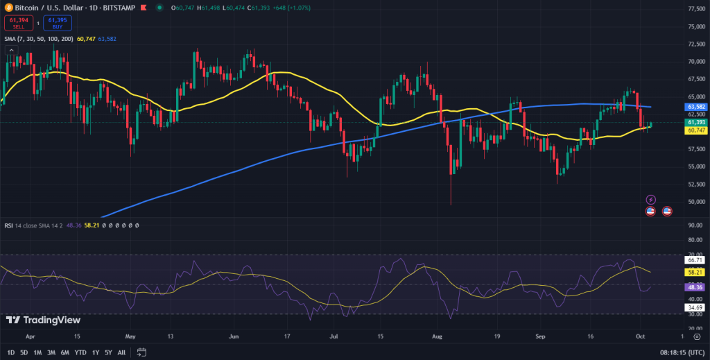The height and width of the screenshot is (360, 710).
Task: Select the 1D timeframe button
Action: point(10,352)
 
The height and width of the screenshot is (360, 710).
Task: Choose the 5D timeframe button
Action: point(24,352)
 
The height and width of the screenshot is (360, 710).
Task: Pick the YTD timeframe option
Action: point(80,352)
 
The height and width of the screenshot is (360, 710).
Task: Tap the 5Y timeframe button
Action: point(109,352)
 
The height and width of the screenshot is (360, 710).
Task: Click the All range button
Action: point(122,352)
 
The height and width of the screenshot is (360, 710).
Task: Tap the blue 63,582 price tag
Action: point(695,108)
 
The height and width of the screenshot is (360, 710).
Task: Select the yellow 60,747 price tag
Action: point(695,130)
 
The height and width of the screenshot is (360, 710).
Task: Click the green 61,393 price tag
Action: point(695,122)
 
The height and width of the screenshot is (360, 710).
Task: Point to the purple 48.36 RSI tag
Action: point(694,286)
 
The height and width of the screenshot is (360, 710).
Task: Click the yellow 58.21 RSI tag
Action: point(694,273)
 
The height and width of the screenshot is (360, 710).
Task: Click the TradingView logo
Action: point(43,320)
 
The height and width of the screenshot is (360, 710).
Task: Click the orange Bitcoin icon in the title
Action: point(7,8)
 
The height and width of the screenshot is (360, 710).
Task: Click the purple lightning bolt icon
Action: point(650,200)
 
